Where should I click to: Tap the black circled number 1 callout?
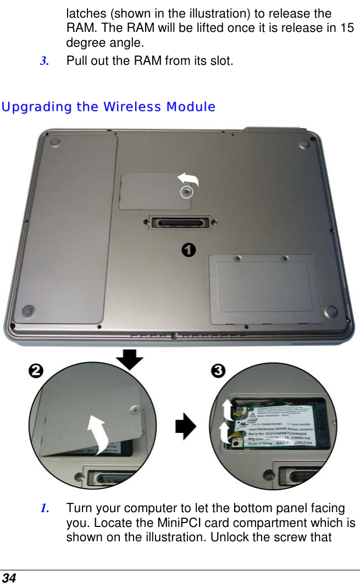[188, 250]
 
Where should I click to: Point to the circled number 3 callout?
[219, 371]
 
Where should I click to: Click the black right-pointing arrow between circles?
[186, 426]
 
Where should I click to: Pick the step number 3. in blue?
[44, 60]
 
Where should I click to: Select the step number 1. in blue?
[44, 508]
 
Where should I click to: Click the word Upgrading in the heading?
[37, 107]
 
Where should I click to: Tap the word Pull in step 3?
[76, 60]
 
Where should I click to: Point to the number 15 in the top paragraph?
[347, 28]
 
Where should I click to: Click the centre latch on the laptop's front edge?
[174, 336]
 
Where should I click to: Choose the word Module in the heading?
[192, 107]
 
